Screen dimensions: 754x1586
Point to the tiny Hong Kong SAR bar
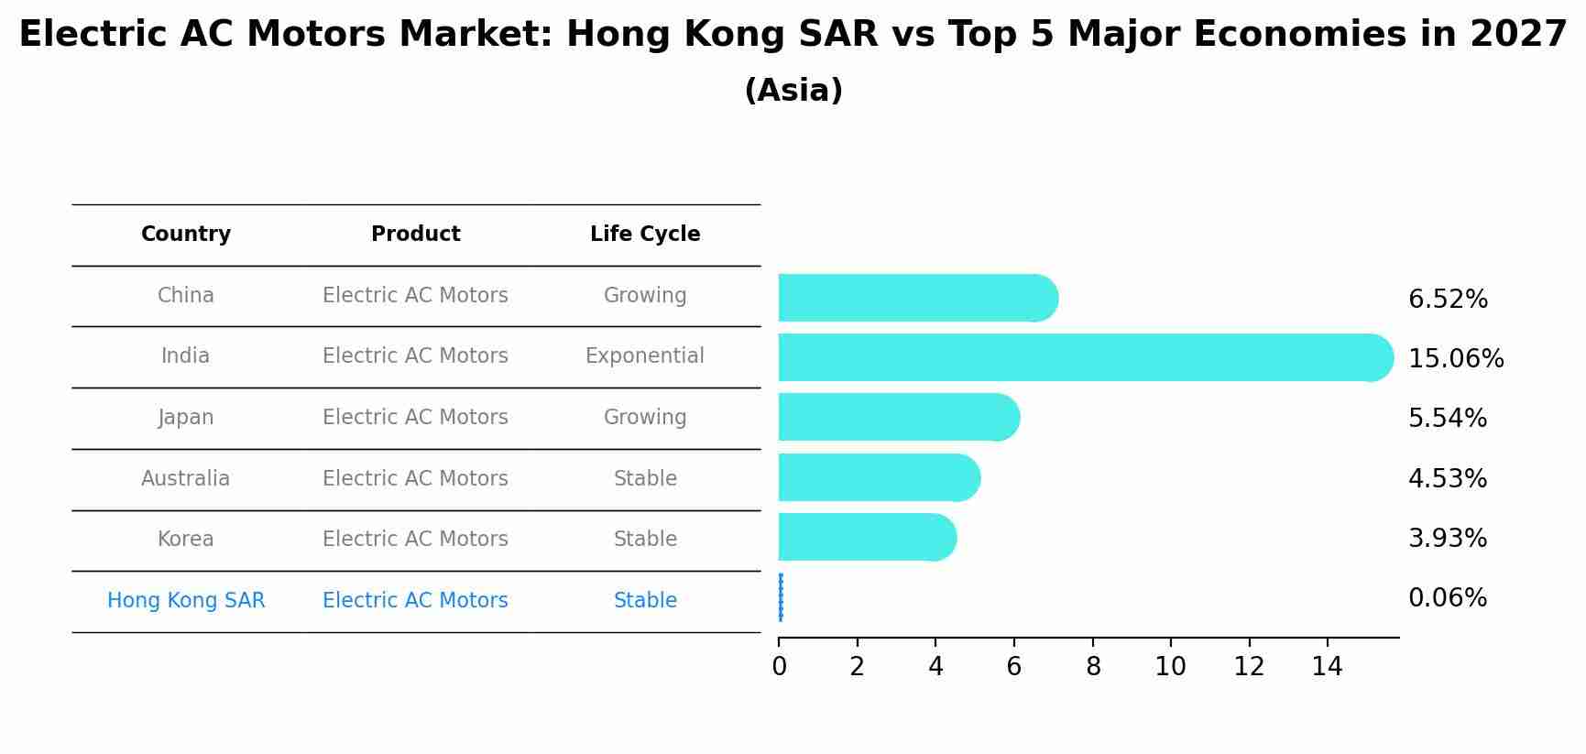(x=781, y=597)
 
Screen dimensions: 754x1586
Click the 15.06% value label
(x=1455, y=359)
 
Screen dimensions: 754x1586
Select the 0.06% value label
(x=1447, y=598)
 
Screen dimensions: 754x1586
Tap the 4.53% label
(x=1447, y=479)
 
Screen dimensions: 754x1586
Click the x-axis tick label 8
(x=1092, y=667)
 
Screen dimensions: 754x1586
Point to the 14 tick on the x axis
(x=1327, y=667)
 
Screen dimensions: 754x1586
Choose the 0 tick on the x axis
(x=779, y=667)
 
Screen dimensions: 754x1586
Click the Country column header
(x=186, y=235)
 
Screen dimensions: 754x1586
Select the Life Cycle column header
(x=645, y=235)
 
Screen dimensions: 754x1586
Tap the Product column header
(x=415, y=235)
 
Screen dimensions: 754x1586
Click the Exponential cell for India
(x=645, y=356)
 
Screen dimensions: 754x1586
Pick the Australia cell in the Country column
(x=186, y=479)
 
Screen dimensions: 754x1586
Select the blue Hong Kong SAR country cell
(x=186, y=601)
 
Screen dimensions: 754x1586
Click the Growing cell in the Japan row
(x=645, y=418)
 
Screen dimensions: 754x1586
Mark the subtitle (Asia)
(x=793, y=91)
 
